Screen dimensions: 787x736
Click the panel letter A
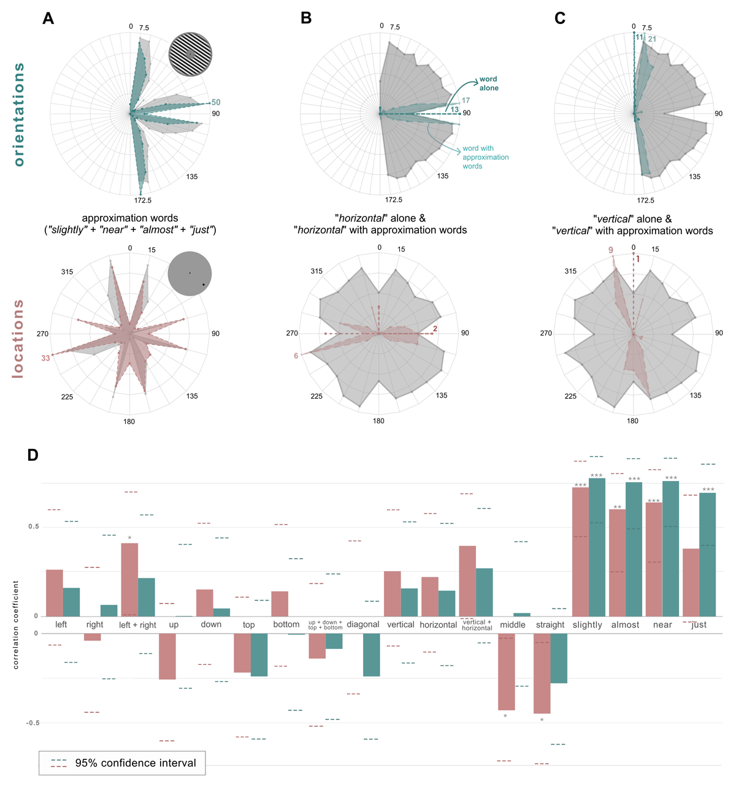48,18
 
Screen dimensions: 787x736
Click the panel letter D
33,455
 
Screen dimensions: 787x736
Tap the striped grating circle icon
190,55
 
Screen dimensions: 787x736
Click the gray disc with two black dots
190,274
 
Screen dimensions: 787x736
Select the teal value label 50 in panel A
216,102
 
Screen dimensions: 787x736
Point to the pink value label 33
45,358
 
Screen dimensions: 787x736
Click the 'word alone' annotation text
489,83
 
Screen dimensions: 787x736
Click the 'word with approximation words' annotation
485,157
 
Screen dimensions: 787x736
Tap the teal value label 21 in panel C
652,39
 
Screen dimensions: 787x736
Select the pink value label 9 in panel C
611,250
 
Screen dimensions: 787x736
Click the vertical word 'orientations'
19,114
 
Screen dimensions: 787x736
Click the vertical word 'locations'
19,338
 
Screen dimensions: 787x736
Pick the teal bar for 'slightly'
597,546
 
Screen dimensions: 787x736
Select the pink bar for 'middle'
506,672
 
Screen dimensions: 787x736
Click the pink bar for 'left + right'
129,579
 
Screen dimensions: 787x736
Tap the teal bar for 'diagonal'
371,655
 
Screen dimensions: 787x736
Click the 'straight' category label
550,625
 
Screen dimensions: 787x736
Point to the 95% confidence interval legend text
136,763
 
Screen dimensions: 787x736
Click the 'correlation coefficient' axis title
16,624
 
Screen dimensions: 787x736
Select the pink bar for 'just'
691,582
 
